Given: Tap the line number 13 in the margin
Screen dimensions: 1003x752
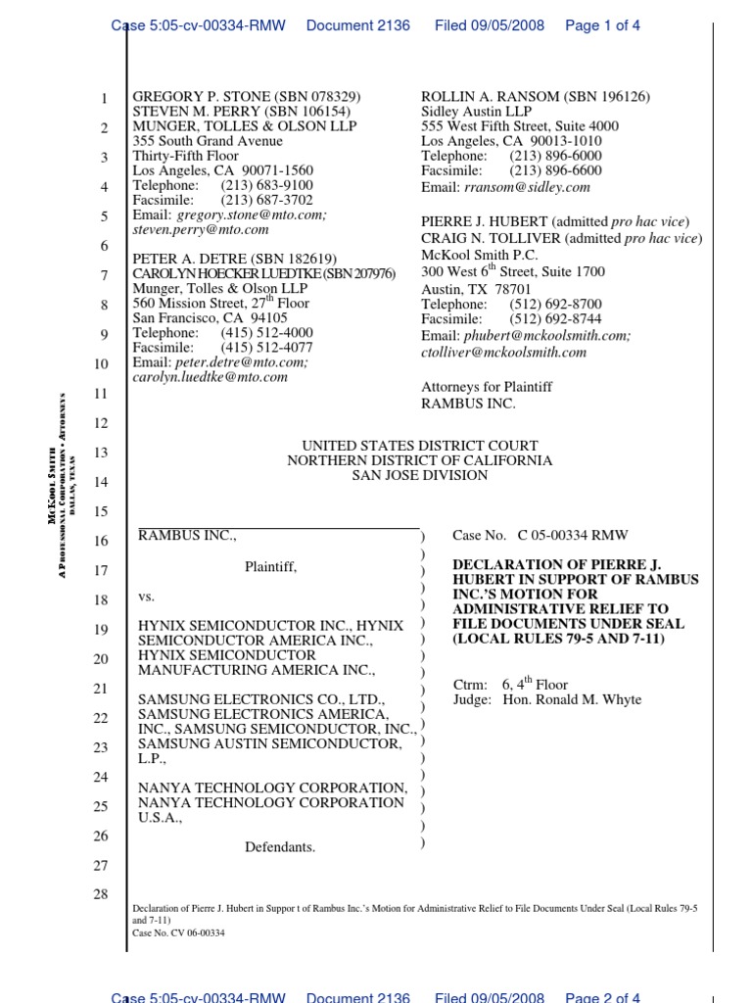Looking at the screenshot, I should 102,454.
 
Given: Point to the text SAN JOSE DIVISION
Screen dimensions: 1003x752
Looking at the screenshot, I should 419,475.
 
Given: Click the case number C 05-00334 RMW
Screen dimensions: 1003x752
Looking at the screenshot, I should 573,536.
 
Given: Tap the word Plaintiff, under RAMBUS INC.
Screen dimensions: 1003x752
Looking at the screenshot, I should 270,566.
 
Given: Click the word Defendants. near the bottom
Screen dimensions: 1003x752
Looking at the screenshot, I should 280,847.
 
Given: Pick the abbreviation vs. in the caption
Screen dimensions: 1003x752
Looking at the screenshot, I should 146,597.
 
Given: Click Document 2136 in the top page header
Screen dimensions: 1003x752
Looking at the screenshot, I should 358,25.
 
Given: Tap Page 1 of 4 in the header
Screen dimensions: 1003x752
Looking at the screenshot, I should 603,25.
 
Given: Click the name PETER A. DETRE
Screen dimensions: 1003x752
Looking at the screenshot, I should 187,259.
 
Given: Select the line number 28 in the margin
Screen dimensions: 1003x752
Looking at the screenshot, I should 102,896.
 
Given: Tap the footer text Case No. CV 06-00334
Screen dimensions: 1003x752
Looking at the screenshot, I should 179,933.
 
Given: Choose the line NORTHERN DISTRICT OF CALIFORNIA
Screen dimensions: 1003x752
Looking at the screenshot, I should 419,460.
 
